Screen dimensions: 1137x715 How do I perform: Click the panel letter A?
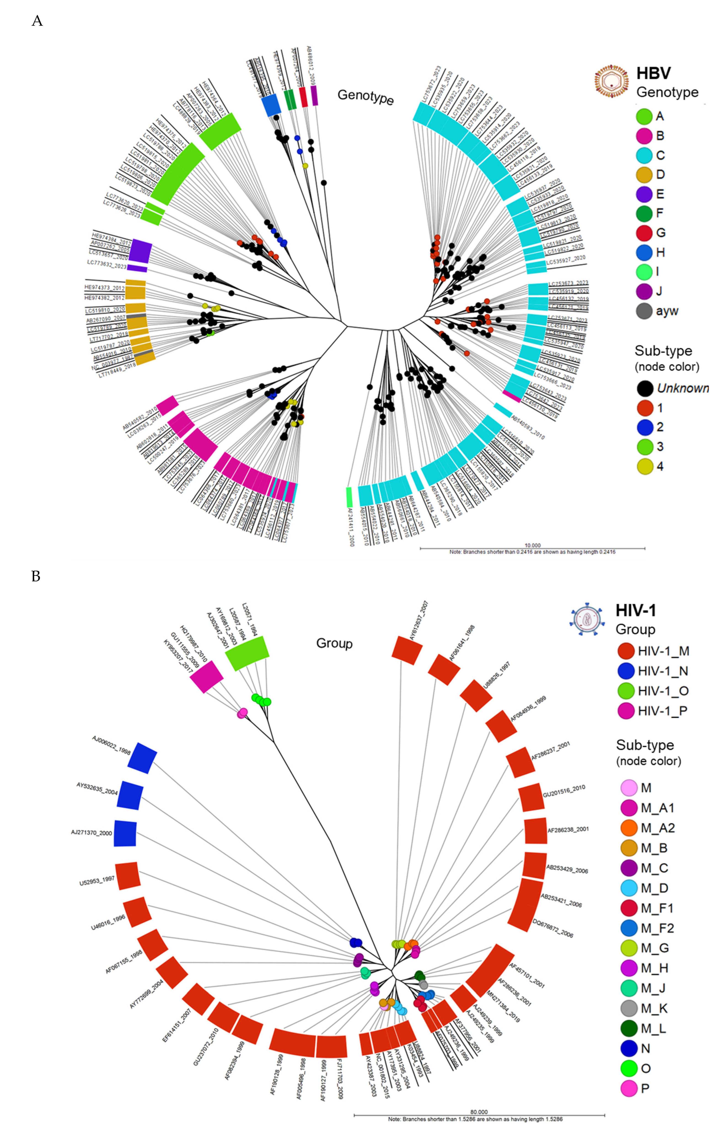pyautogui.click(x=37, y=21)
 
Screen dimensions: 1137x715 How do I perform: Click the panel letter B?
pyautogui.click(x=36, y=576)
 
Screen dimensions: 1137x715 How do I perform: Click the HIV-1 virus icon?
pyautogui.click(x=586, y=619)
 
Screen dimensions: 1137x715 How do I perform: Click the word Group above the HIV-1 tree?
pyautogui.click(x=334, y=644)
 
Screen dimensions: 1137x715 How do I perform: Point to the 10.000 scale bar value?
pyautogui.click(x=533, y=545)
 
